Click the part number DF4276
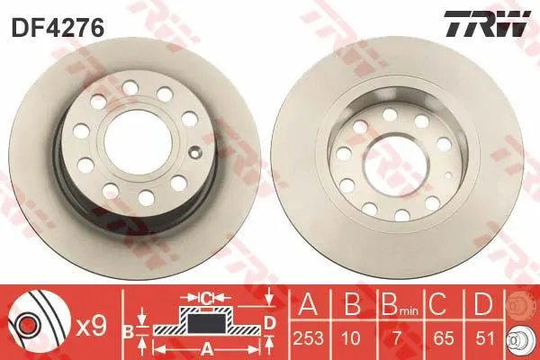click(x=58, y=28)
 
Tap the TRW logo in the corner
click(x=487, y=23)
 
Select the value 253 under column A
click(x=309, y=338)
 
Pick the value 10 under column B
click(x=351, y=338)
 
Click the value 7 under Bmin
click(x=397, y=338)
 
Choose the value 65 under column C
click(x=443, y=338)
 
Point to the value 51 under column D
click(x=485, y=338)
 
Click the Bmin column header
click(x=400, y=304)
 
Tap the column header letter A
click(x=308, y=304)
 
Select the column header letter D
click(x=483, y=304)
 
